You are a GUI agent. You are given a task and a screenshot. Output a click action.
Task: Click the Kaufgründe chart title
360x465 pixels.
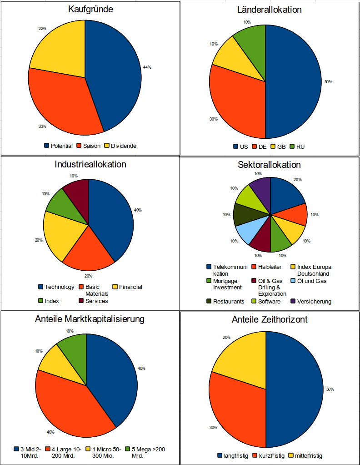click(x=90, y=9)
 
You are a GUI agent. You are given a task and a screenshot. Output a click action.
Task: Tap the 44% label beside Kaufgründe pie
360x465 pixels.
click(x=147, y=67)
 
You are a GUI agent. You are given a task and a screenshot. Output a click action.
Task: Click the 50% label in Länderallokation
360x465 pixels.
click(x=328, y=82)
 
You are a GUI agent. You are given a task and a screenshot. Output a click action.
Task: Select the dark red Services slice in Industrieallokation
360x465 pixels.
click(x=78, y=191)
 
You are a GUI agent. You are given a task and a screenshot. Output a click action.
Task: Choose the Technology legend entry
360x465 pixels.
click(x=56, y=287)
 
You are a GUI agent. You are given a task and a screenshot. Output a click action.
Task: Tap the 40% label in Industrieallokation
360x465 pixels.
click(x=138, y=210)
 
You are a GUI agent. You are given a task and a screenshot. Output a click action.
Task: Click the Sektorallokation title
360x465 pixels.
click(x=269, y=165)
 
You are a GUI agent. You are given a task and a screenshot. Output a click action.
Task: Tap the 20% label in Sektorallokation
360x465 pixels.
click(x=297, y=180)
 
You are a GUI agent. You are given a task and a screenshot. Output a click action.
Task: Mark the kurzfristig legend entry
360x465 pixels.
click(x=271, y=455)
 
